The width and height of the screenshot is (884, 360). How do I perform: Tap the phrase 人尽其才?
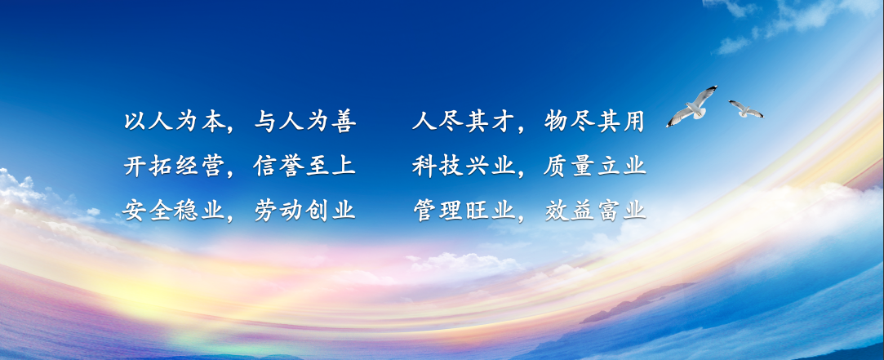pos(462,122)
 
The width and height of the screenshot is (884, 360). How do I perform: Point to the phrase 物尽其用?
pos(594,122)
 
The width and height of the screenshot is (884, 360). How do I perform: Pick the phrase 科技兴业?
pos(462,167)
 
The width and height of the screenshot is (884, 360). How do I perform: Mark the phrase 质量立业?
pos(594,167)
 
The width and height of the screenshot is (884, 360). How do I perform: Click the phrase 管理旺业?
pos(462,211)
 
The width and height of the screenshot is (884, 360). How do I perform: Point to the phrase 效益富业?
pos(594,211)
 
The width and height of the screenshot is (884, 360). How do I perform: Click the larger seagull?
pos(692,106)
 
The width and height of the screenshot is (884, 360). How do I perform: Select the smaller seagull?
pos(744,109)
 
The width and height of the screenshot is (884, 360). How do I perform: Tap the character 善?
pos(344,122)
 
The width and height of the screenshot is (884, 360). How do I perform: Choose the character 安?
pos(133,211)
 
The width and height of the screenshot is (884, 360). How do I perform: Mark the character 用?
pos(633,122)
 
